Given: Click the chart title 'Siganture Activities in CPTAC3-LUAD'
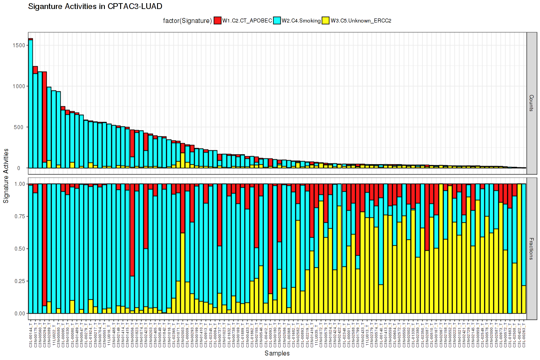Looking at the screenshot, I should click(x=95, y=7).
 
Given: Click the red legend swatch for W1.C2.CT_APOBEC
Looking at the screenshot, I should click(x=217, y=20).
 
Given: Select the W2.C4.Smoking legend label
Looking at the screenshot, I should click(x=301, y=20).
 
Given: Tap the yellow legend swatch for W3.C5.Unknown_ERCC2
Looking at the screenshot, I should click(x=325, y=20).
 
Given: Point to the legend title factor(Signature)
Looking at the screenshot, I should click(x=187, y=20).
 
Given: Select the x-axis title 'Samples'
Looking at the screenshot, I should click(x=277, y=354).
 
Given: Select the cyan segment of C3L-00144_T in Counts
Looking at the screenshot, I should click(x=31, y=103).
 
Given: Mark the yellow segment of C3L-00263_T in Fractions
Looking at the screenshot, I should click(x=524, y=299).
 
